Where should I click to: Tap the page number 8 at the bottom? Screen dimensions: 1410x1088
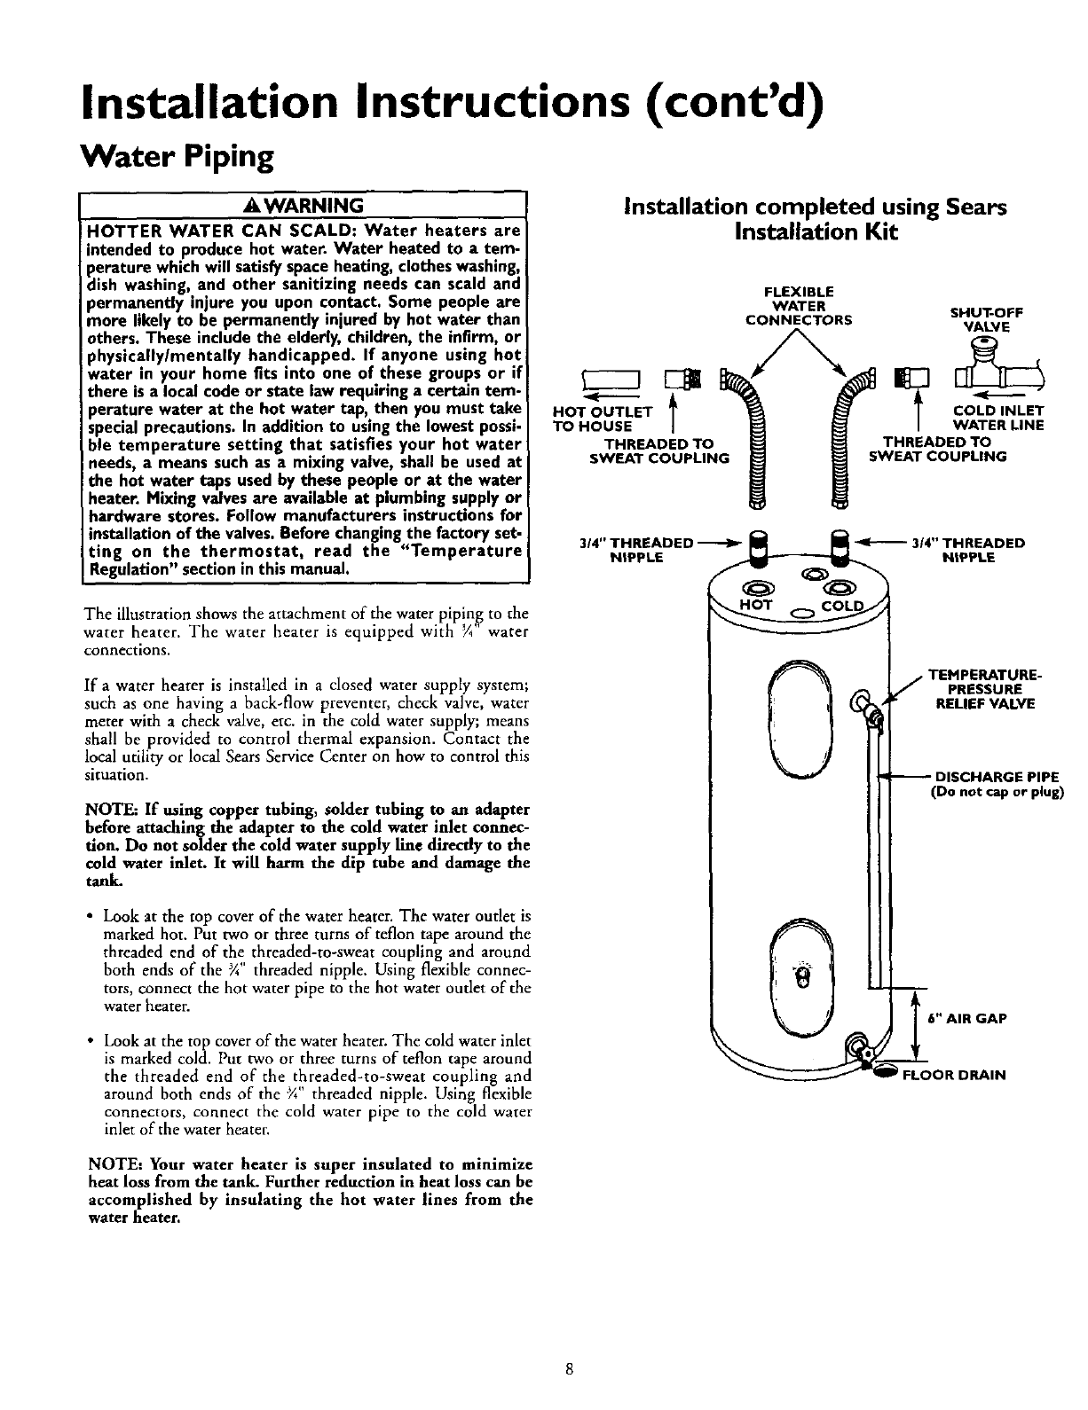tap(569, 1368)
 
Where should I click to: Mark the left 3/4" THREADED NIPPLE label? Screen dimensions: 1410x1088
tap(637, 550)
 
